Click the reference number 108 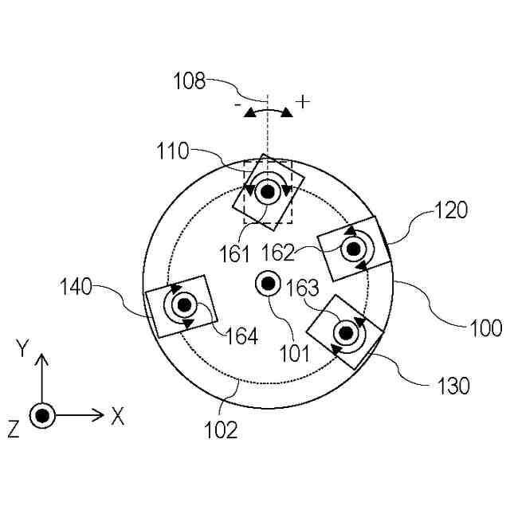point(190,80)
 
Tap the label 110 point(172,149)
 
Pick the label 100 point(484,327)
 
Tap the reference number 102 point(222,430)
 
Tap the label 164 point(241,335)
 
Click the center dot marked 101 point(266,282)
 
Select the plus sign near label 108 point(302,101)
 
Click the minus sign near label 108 point(237,104)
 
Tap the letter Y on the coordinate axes point(24,347)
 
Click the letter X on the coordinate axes point(118,415)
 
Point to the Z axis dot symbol point(42,415)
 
